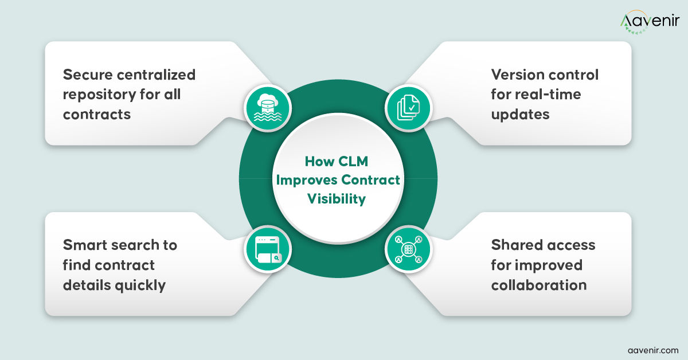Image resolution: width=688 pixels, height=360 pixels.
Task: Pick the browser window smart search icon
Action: pyautogui.click(x=268, y=251)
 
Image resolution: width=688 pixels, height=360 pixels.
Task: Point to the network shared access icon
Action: pyautogui.click(x=408, y=251)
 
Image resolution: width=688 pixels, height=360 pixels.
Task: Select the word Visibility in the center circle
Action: pyautogui.click(x=337, y=199)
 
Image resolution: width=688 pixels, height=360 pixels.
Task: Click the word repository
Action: pyautogui.click(x=99, y=94)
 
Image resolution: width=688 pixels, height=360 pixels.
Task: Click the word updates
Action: pyautogui.click(x=520, y=114)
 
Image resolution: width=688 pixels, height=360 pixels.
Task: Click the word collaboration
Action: pyautogui.click(x=538, y=284)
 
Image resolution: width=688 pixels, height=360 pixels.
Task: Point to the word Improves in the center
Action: pyautogui.click(x=306, y=180)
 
